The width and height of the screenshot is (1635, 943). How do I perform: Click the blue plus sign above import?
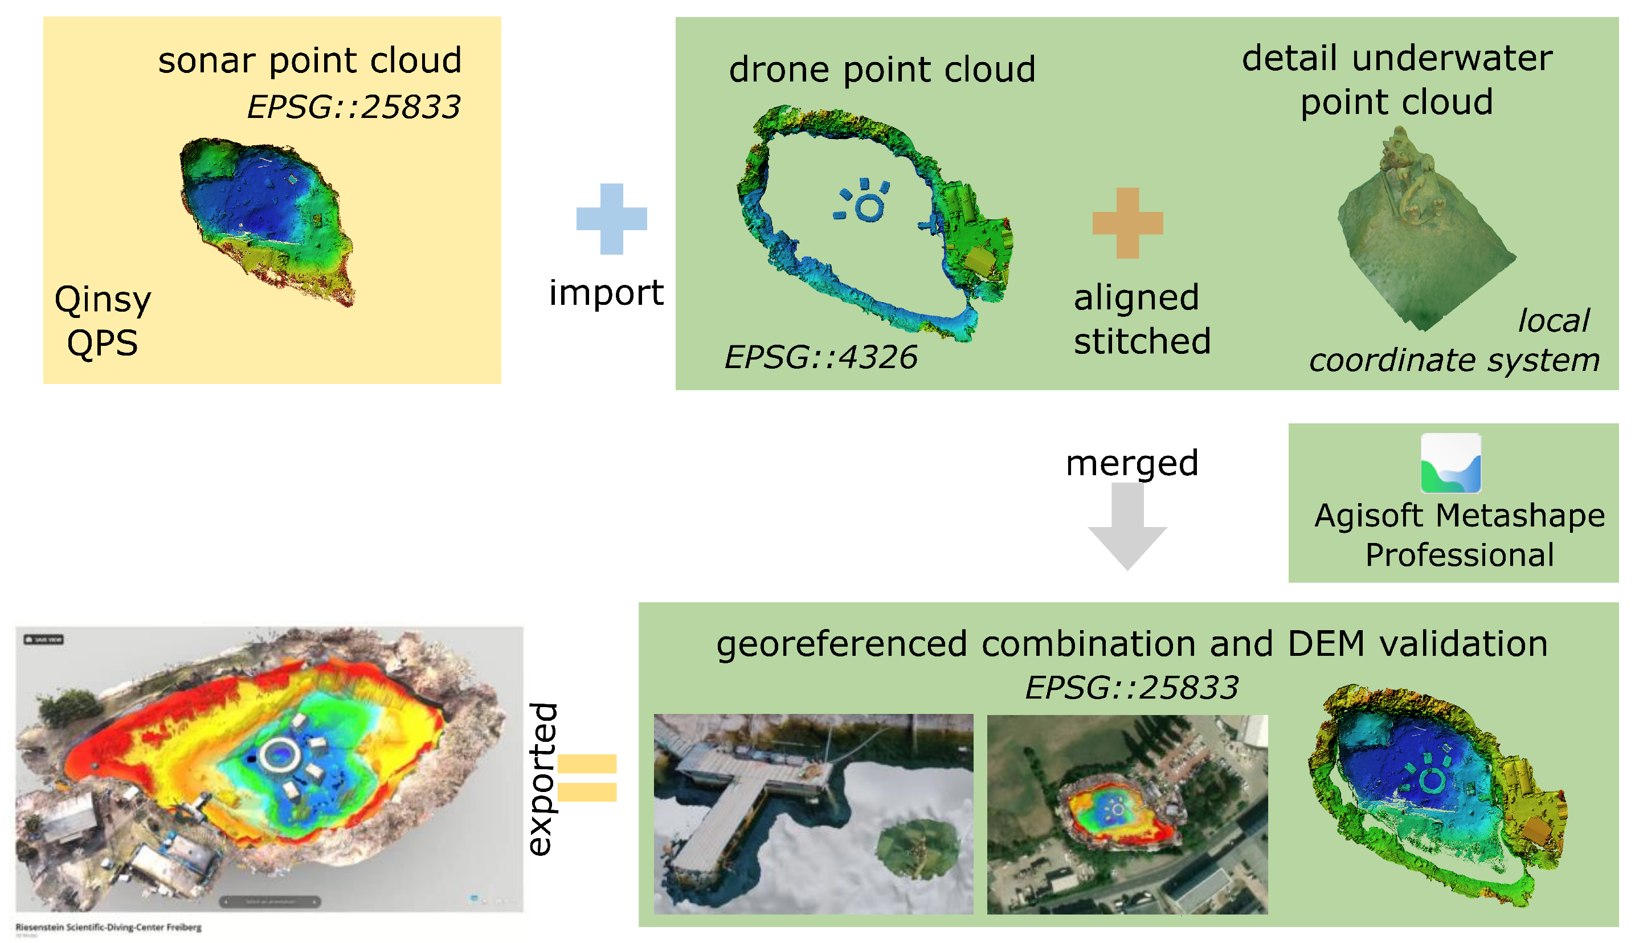point(611,219)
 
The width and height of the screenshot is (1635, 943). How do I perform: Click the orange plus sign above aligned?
point(1127,223)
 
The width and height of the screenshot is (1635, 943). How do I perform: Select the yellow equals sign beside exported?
point(587,778)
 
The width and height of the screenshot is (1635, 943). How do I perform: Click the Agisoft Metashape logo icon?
point(1450,464)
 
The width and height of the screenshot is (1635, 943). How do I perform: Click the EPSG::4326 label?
point(820,357)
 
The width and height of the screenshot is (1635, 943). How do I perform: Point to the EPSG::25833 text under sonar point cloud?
point(354,107)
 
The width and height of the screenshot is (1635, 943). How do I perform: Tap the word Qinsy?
point(103,299)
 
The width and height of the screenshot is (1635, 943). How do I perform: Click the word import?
point(606,293)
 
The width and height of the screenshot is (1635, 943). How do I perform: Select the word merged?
point(1131,463)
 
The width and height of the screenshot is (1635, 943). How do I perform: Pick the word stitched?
point(1142,341)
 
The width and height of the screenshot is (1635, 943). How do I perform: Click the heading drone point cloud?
point(881,70)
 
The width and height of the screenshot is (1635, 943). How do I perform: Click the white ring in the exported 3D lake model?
point(280,754)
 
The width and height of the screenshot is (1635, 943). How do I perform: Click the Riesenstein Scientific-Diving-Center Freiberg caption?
point(108,928)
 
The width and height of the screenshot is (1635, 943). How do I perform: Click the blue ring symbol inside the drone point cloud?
point(868,207)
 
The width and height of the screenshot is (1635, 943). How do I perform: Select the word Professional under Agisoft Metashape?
point(1459,555)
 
